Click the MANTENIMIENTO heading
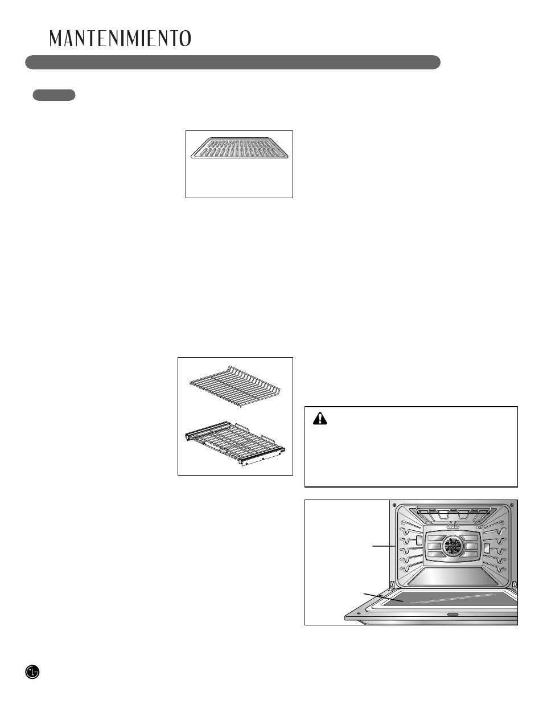click(120, 38)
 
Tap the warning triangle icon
click(321, 419)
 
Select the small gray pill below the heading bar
click(54, 95)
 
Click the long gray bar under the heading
click(232, 62)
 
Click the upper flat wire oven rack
click(235, 386)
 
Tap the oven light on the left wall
click(419, 539)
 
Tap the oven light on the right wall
click(487, 547)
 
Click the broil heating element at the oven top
click(453, 514)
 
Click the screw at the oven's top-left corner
click(394, 505)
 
